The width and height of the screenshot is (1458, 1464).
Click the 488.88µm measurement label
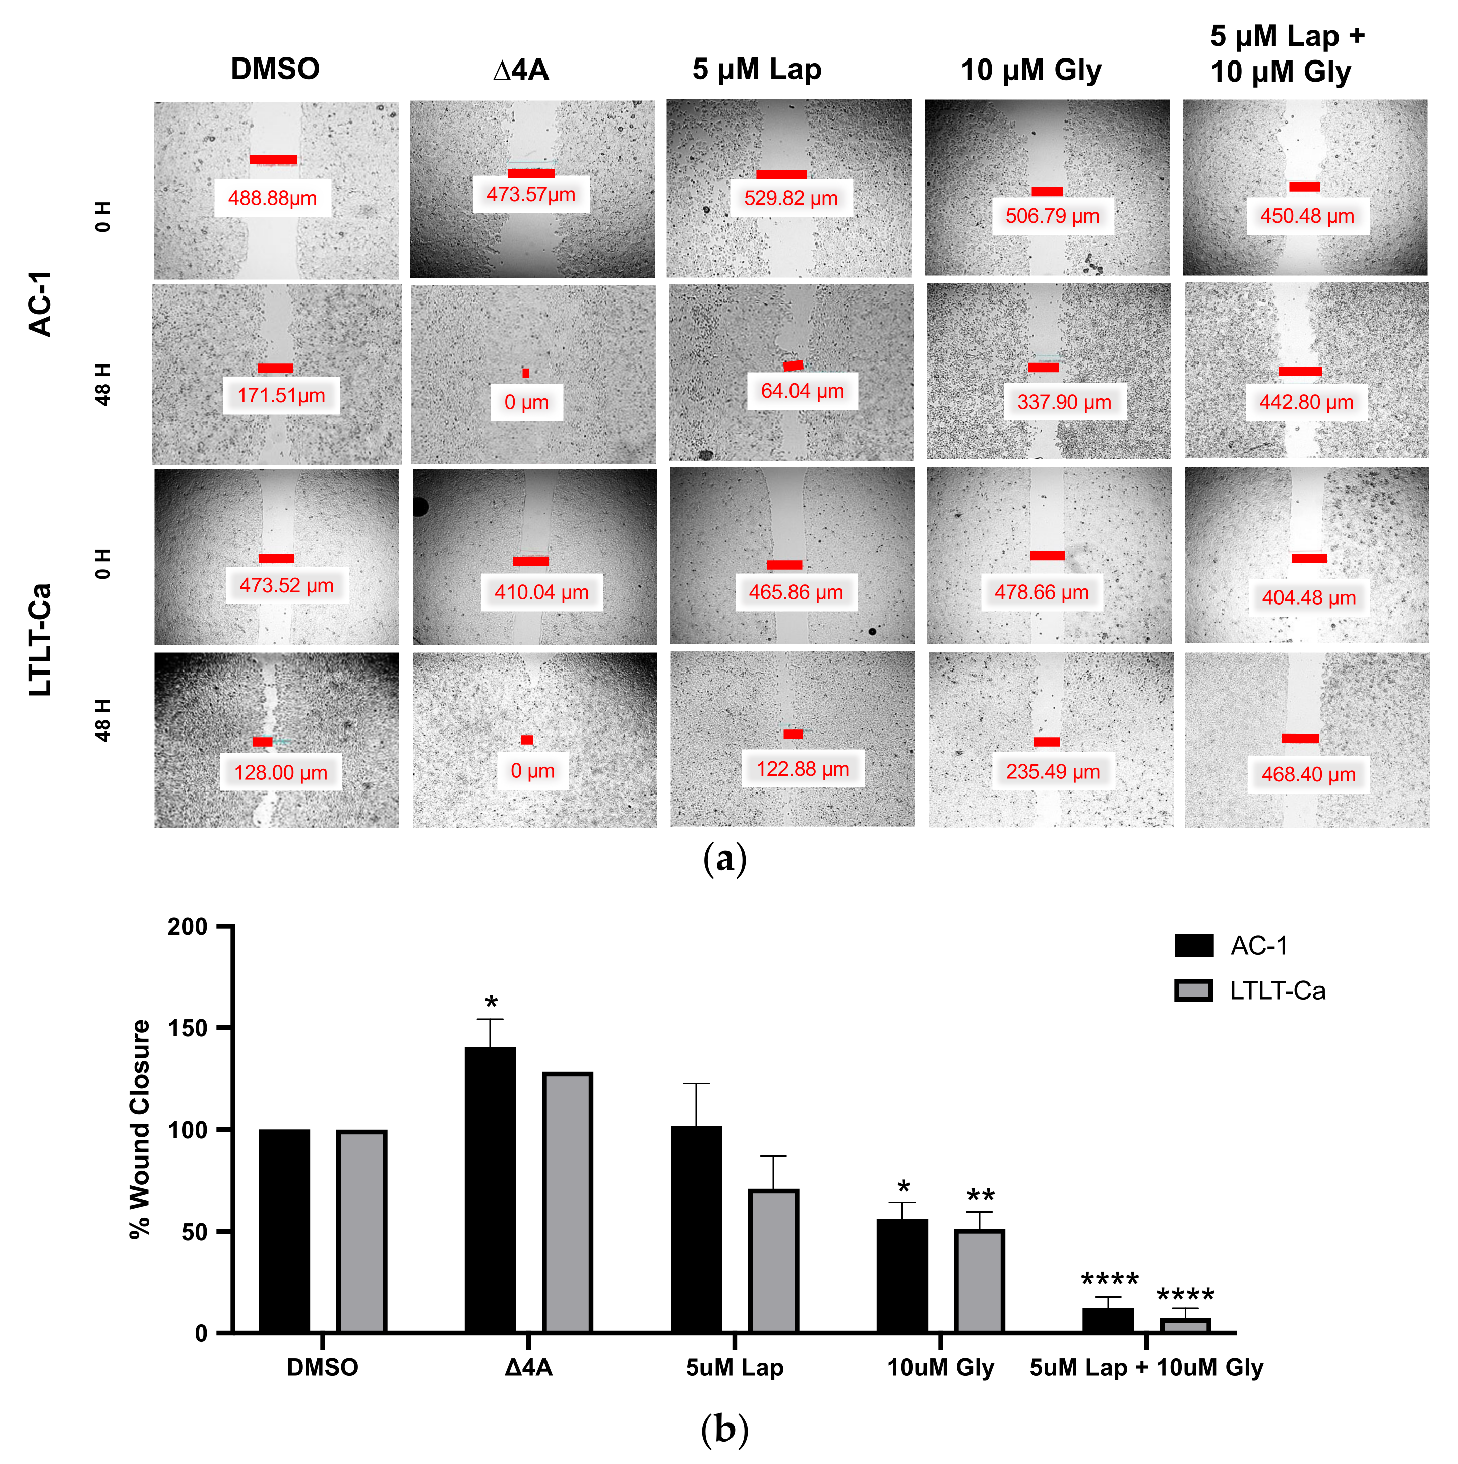(x=272, y=199)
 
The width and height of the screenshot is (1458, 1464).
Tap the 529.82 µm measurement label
(x=791, y=199)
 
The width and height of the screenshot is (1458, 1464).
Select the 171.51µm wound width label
(x=281, y=396)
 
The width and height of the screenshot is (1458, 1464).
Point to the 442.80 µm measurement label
(x=1306, y=402)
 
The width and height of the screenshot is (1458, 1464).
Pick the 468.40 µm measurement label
(x=1309, y=774)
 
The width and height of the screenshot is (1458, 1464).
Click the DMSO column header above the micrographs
(x=275, y=69)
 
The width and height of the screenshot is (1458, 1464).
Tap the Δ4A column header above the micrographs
(x=521, y=70)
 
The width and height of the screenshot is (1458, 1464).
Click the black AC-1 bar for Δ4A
(x=491, y=1190)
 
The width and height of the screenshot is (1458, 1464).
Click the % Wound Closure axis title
(x=140, y=1129)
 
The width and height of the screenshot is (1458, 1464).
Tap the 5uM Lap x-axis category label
(x=735, y=1368)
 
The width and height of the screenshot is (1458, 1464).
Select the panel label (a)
(x=725, y=860)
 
